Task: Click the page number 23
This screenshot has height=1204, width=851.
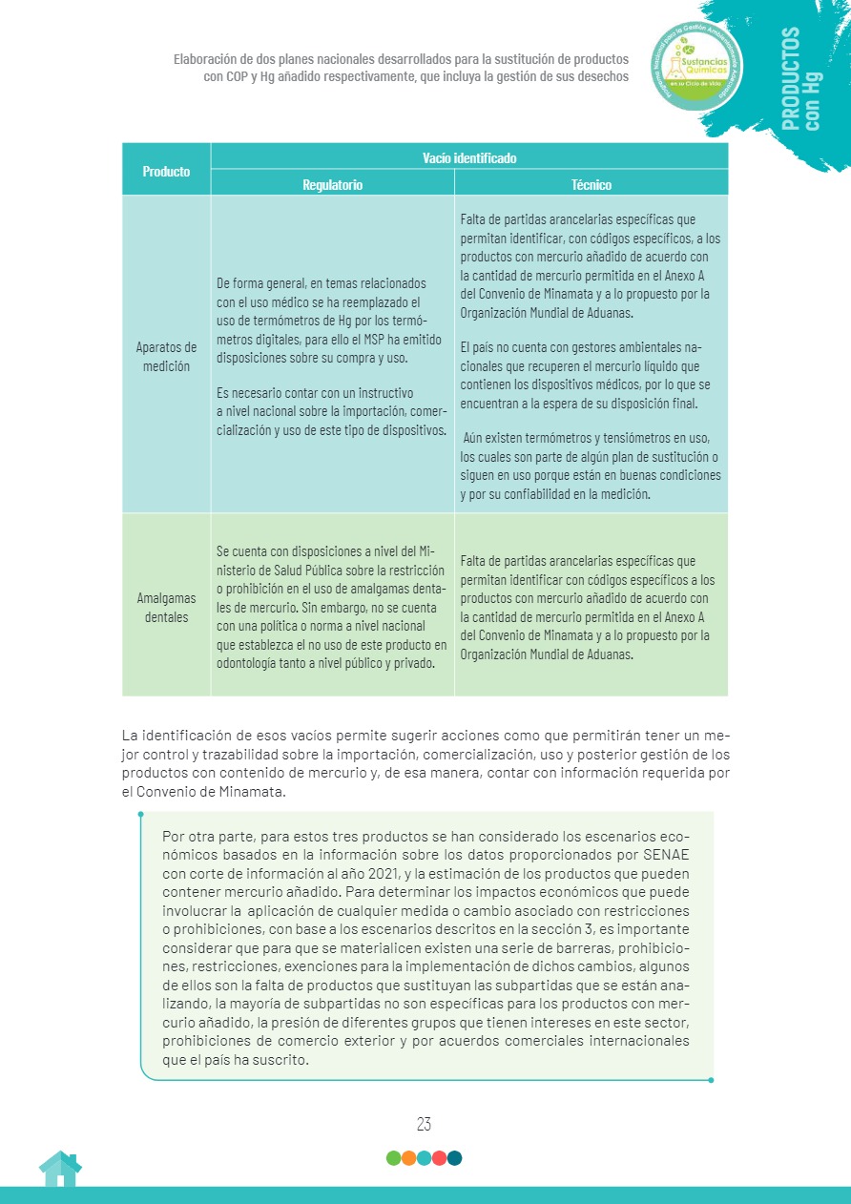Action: [x=424, y=1124]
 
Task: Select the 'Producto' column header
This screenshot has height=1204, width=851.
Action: [x=166, y=172]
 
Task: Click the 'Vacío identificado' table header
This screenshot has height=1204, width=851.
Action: [x=469, y=157]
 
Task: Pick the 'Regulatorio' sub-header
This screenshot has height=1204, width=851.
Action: [x=332, y=184]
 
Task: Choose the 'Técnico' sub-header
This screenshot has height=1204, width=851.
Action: [x=592, y=184]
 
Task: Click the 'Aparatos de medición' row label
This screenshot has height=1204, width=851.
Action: [x=166, y=357]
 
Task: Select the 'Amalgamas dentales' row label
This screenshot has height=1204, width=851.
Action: [x=166, y=608]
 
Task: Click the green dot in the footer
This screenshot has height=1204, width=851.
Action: [x=393, y=1158]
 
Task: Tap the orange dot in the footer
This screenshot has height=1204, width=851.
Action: [x=408, y=1158]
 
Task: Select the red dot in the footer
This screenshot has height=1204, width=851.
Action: [x=439, y=1158]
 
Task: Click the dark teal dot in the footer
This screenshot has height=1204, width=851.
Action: [x=454, y=1158]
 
